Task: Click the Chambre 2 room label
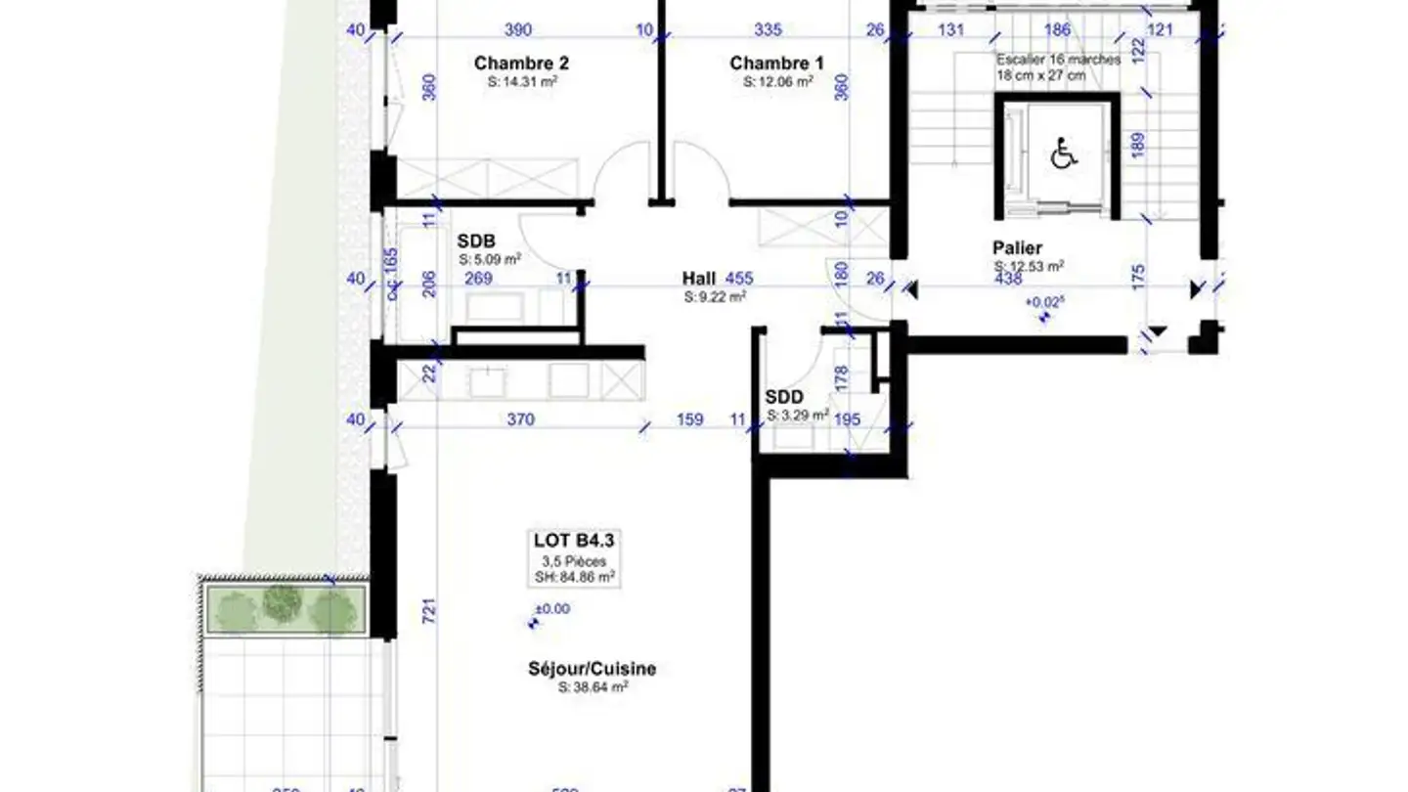click(x=521, y=64)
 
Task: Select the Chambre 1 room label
click(x=776, y=64)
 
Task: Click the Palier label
click(x=1018, y=248)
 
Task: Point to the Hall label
click(x=699, y=279)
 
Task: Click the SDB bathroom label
click(x=476, y=242)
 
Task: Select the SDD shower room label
click(x=783, y=398)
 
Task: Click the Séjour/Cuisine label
click(x=592, y=670)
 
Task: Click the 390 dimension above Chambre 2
click(x=518, y=30)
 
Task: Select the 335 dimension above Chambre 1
click(x=769, y=30)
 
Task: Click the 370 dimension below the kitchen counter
click(x=520, y=419)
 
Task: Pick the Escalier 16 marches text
click(x=1058, y=60)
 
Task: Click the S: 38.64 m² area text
click(x=593, y=687)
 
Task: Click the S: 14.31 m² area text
click(x=522, y=83)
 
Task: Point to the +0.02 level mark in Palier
click(x=1043, y=303)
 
